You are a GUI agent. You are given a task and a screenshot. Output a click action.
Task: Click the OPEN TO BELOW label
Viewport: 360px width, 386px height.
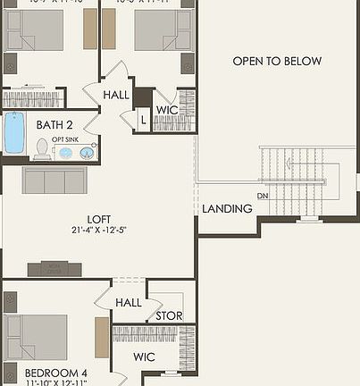click(277, 62)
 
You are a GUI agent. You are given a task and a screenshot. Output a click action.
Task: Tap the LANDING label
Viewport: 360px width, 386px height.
click(227, 208)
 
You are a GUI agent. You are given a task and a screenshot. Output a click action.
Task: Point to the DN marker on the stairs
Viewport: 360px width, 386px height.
click(263, 195)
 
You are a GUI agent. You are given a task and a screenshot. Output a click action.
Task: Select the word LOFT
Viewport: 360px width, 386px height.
click(98, 218)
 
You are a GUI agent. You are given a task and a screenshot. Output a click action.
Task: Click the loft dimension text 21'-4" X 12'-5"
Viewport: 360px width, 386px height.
click(98, 231)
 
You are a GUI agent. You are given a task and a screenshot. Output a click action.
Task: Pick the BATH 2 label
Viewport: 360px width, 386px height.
click(55, 125)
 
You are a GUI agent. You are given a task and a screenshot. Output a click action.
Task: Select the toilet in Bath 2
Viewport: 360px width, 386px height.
click(41, 148)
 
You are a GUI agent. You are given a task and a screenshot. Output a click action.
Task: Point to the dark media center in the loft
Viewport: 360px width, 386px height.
click(54, 269)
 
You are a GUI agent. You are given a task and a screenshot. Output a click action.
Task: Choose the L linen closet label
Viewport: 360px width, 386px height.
click(143, 119)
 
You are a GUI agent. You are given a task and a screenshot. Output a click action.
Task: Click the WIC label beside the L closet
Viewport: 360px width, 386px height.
click(168, 110)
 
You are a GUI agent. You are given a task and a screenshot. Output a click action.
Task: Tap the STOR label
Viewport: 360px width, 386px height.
click(169, 315)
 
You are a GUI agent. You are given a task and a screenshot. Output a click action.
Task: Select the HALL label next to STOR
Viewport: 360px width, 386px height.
click(129, 303)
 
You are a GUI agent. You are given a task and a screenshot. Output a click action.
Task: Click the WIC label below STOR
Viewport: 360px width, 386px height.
click(145, 357)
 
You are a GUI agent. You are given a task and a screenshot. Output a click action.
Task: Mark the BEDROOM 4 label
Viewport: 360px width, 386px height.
click(54, 373)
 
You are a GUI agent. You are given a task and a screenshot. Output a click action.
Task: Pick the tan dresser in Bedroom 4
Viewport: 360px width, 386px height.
click(102, 336)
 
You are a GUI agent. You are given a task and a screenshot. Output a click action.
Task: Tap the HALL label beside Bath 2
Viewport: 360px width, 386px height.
click(116, 94)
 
